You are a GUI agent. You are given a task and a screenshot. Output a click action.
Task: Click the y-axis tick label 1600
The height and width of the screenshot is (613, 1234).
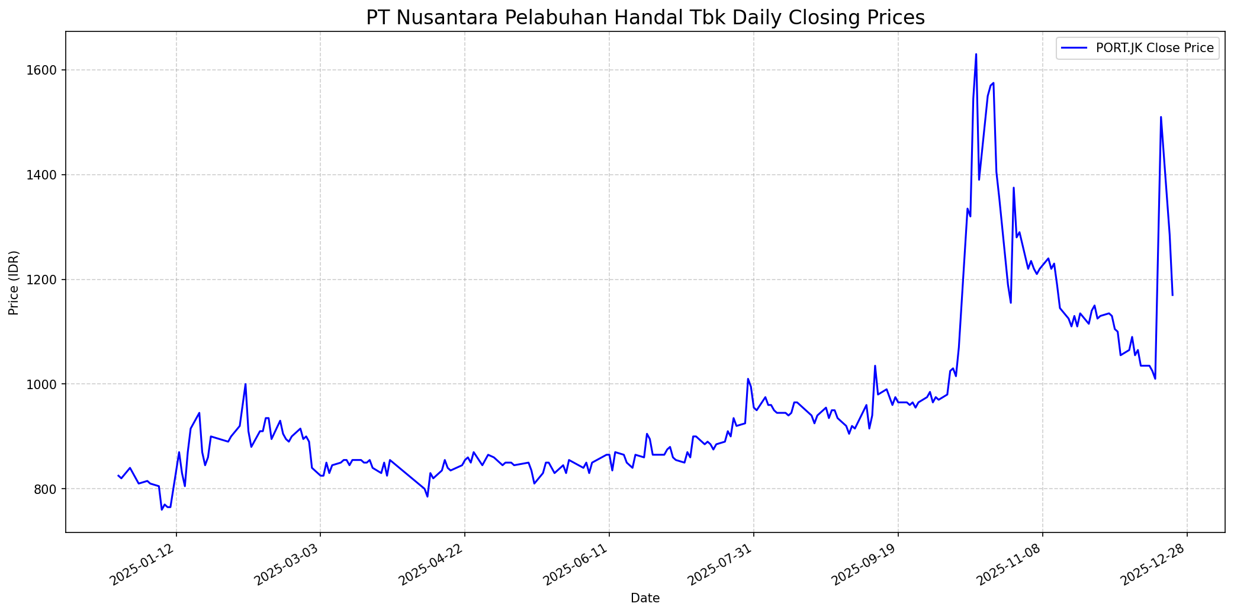[x=44, y=70]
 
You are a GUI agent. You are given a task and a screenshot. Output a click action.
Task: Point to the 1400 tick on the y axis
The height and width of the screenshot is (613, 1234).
[x=44, y=175]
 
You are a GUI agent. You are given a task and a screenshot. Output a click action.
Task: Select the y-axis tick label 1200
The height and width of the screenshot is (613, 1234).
[x=44, y=280]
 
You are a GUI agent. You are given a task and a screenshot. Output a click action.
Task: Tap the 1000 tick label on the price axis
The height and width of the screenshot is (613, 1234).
[x=44, y=384]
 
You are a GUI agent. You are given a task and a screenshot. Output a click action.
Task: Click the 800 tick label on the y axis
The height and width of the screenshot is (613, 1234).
[x=47, y=489]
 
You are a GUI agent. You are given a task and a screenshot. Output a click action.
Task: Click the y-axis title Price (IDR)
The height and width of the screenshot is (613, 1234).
[x=14, y=283]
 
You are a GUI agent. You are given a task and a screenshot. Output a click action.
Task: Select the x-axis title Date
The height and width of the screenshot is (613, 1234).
[x=645, y=598]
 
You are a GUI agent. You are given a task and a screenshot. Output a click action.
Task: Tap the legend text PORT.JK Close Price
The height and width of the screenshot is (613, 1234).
[x=1155, y=48]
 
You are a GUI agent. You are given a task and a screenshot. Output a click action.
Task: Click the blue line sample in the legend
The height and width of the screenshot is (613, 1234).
[x=1074, y=48]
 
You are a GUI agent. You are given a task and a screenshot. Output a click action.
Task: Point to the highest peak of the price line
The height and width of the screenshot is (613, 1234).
[x=976, y=54]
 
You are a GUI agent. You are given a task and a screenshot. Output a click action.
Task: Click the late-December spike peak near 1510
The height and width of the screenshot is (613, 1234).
[x=1161, y=117]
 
